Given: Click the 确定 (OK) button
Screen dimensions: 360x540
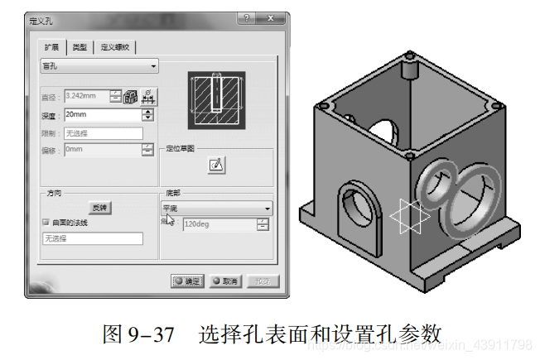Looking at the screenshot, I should click(x=186, y=281).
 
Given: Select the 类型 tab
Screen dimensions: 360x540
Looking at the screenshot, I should click(x=79, y=47).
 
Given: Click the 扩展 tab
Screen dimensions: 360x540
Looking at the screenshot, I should click(x=52, y=47).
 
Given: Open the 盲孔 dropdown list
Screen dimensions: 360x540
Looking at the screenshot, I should click(x=99, y=66).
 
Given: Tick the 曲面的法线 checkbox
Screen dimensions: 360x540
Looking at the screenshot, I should click(x=46, y=223).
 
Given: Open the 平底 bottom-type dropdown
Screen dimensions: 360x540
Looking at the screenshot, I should click(x=215, y=209).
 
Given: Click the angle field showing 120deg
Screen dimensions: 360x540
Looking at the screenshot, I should click(x=219, y=224).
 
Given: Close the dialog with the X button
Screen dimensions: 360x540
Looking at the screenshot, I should click(x=272, y=20).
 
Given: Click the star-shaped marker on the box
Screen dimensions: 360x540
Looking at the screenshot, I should click(x=406, y=217).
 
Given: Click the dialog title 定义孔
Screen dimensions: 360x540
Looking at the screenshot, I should click(x=42, y=20).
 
